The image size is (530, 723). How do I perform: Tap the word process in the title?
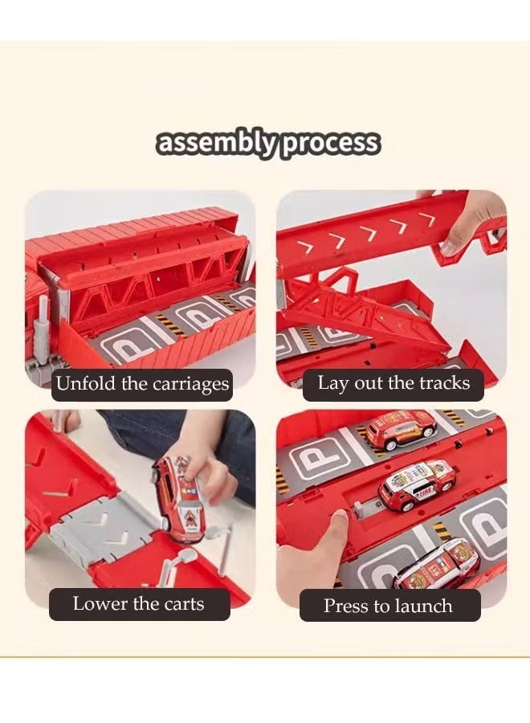click(x=329, y=143)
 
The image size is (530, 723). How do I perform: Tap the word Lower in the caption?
click(x=98, y=603)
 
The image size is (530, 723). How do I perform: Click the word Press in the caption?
click(x=346, y=606)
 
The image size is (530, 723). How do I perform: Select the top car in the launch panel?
click(x=401, y=431)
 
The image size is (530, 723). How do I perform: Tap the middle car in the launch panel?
click(x=417, y=484)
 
